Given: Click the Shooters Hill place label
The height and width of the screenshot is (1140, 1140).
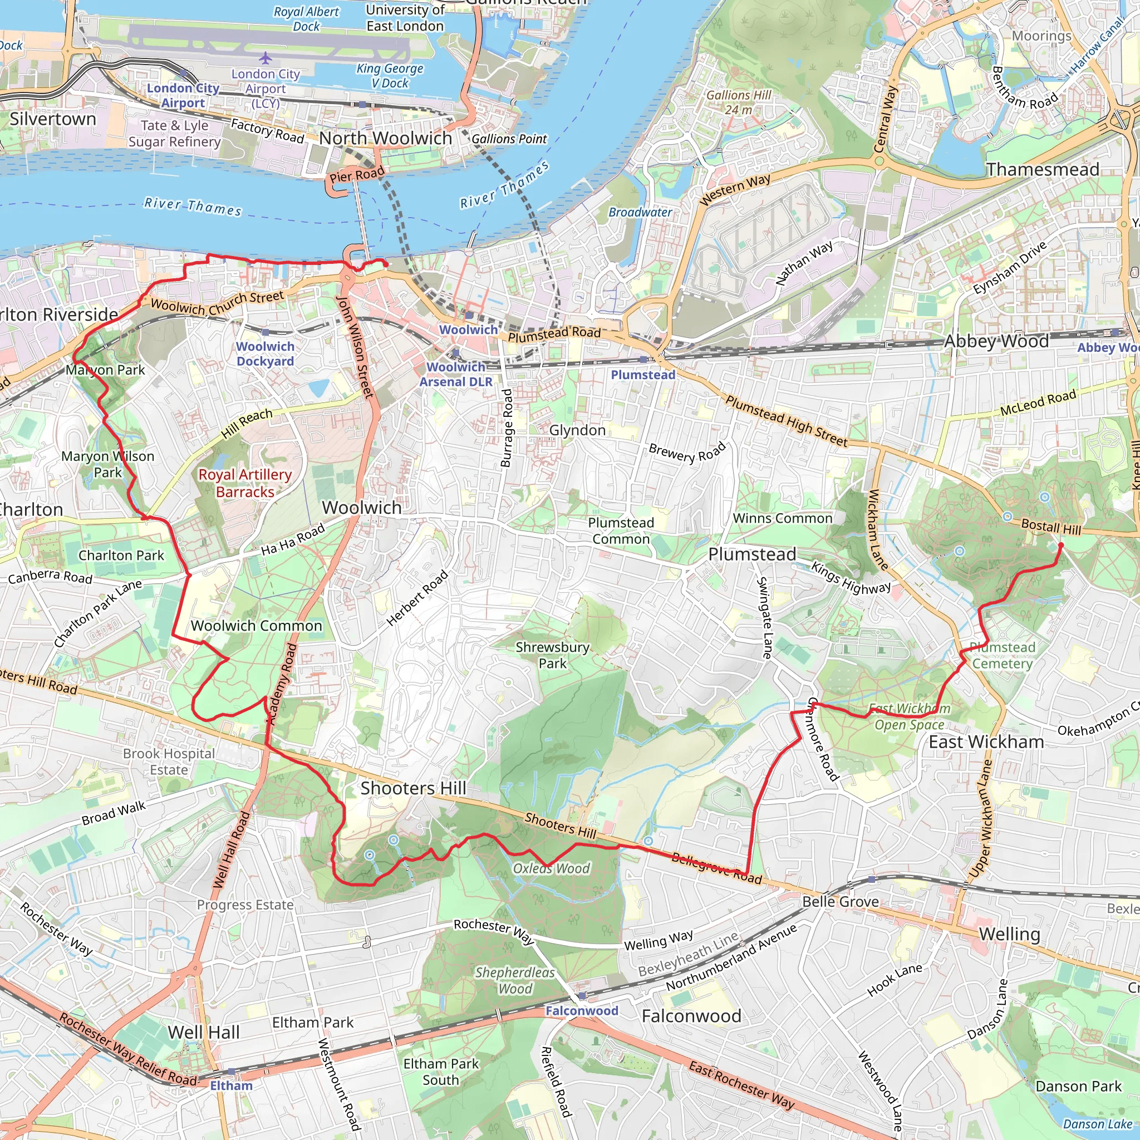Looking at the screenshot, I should (x=413, y=788).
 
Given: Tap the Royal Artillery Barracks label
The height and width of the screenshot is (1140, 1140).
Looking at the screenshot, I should (x=245, y=483).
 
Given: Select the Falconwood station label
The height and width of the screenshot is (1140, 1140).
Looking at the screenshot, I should (x=581, y=1011).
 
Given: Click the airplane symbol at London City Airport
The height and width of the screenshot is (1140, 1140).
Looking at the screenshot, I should (x=266, y=58).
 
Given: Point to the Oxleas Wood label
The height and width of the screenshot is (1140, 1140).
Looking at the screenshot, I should (x=551, y=868).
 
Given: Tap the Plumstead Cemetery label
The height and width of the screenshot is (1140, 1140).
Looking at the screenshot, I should (x=1003, y=656).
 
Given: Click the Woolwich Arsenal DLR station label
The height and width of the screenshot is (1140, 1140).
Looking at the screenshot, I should (x=455, y=374).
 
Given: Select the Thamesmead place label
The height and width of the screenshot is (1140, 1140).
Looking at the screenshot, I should (x=1043, y=169).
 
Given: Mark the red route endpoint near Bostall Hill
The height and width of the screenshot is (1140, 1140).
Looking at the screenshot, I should (x=1060, y=545).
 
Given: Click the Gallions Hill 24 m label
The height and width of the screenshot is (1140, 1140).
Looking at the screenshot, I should (x=739, y=102).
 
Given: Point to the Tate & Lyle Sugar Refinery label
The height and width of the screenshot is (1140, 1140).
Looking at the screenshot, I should (x=175, y=134).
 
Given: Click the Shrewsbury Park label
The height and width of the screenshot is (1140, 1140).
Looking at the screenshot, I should (x=552, y=655).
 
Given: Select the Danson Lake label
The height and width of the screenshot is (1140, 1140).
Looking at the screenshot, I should (x=1097, y=1124).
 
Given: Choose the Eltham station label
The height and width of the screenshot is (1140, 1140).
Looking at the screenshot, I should (x=232, y=1085).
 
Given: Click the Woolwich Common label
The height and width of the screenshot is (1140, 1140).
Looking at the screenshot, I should (x=256, y=626).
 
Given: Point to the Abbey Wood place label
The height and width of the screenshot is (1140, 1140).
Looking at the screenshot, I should (x=996, y=341).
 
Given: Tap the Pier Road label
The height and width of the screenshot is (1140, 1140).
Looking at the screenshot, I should (x=357, y=175).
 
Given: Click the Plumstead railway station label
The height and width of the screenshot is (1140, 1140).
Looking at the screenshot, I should (x=642, y=375).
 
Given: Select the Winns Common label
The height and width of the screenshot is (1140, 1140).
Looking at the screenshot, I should (x=783, y=518).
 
